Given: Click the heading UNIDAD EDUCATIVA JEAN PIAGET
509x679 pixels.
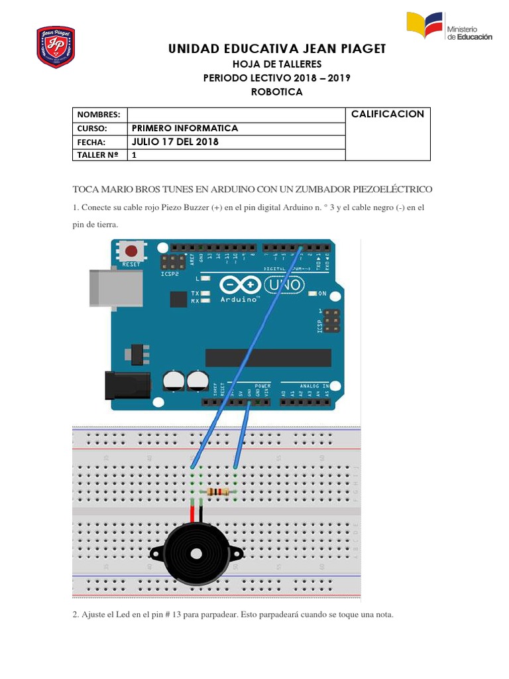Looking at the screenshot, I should pyautogui.click(x=277, y=49).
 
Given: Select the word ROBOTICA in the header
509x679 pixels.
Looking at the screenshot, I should pyautogui.click(x=276, y=92).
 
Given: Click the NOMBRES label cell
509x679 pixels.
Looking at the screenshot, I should pyautogui.click(x=99, y=115).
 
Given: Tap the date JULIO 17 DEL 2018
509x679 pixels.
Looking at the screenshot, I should pyautogui.click(x=175, y=142).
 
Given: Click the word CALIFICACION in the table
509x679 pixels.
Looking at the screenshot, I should pyautogui.click(x=388, y=114).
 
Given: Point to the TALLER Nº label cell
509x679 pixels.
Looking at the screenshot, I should pyautogui.click(x=99, y=155).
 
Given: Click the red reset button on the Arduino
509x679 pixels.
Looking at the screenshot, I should pyautogui.click(x=132, y=251).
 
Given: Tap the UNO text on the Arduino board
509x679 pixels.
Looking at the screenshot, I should pyautogui.click(x=285, y=285).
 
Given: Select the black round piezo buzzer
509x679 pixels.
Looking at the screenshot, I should pyautogui.click(x=196, y=552).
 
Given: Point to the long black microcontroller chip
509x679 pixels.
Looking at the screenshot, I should pyautogui.click(x=267, y=358).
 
